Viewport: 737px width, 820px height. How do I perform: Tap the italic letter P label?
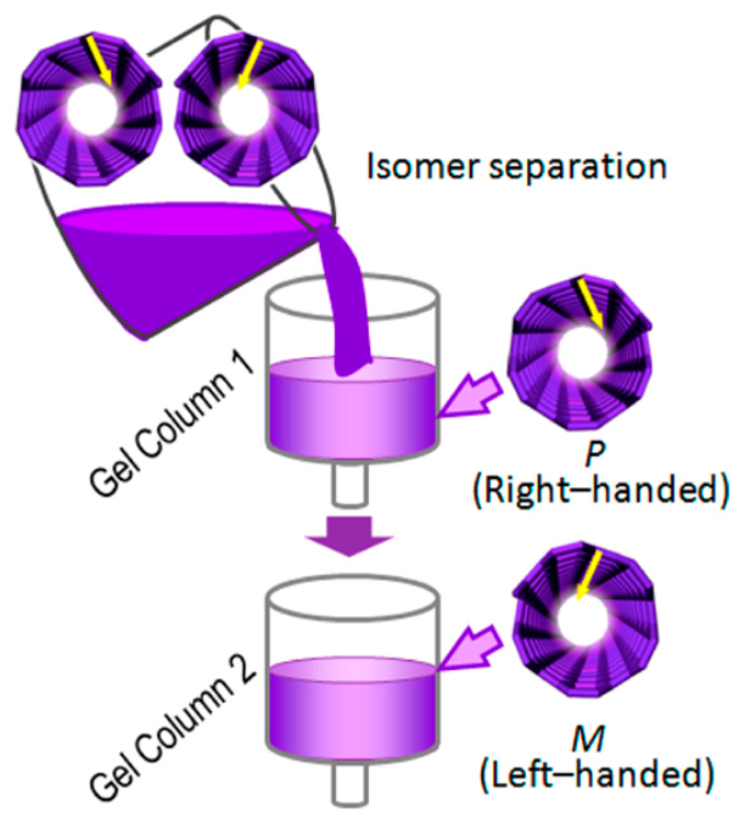595,453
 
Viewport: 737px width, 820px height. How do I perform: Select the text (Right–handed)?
600,490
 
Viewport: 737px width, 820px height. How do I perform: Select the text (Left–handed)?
596,774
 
